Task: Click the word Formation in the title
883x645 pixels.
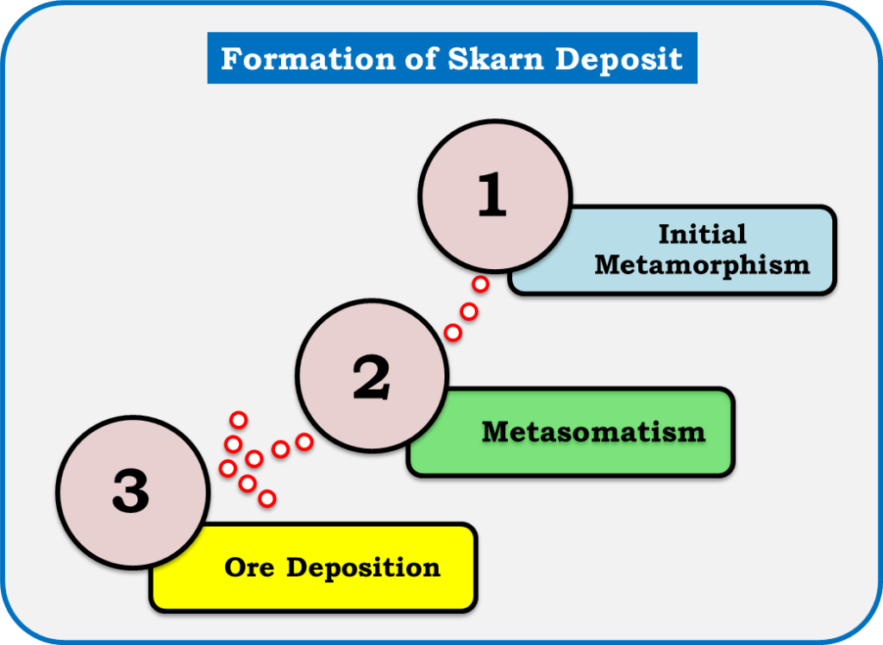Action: (x=308, y=58)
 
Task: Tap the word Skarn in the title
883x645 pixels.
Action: (x=496, y=58)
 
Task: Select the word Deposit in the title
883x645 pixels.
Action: (x=619, y=59)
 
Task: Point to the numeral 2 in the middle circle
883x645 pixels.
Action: (x=371, y=377)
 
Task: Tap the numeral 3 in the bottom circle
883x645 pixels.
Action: (x=131, y=491)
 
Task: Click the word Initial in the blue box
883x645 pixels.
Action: (x=702, y=234)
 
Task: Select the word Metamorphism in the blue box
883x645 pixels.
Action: (x=702, y=265)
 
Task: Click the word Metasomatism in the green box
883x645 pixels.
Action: (x=593, y=432)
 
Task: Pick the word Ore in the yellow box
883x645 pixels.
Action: (x=249, y=567)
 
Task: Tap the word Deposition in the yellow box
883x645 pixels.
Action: (x=363, y=568)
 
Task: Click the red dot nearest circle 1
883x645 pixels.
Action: (x=480, y=284)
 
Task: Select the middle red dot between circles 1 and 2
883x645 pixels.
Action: (x=469, y=311)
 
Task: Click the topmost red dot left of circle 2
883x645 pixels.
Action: (x=239, y=420)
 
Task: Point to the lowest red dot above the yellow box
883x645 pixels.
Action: (x=267, y=498)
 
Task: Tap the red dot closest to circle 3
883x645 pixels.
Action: (x=228, y=468)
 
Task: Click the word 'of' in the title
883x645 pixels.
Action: (x=421, y=58)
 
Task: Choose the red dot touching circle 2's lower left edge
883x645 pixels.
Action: (x=304, y=442)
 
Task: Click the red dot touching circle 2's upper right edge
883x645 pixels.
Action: (x=453, y=333)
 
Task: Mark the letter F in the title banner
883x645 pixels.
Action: (x=230, y=59)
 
